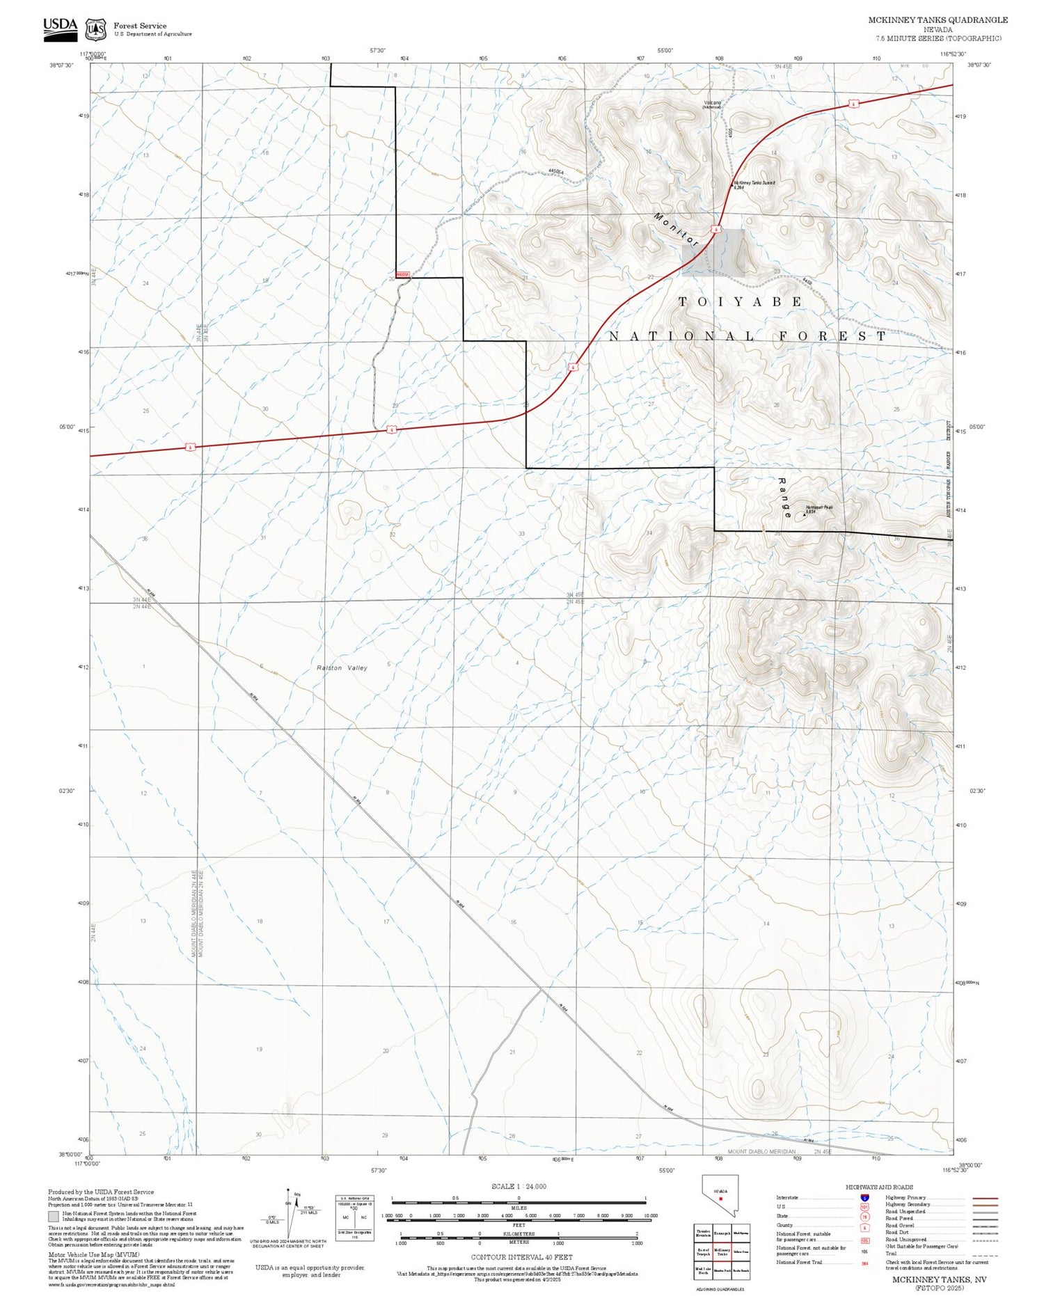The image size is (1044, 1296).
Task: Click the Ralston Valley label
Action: tap(342, 667)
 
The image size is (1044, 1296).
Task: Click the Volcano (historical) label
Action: tap(712, 104)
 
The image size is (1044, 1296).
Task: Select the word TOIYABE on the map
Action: tap(741, 301)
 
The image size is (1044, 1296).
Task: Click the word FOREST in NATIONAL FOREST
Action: tap(832, 336)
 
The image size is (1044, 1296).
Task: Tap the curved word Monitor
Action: tap(675, 228)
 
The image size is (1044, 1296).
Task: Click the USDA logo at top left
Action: tap(60, 28)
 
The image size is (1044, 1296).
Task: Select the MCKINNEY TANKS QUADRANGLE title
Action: tap(938, 19)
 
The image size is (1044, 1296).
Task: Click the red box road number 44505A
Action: tap(403, 275)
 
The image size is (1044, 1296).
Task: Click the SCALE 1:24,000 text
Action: tap(519, 1186)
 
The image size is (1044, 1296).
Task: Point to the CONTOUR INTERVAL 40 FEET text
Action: tap(521, 1257)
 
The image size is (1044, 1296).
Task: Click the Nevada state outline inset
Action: tap(720, 1194)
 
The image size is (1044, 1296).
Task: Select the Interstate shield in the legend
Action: tap(864, 1198)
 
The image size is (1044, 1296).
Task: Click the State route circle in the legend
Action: tap(864, 1217)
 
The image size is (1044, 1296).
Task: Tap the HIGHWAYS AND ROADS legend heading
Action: tap(879, 1187)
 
